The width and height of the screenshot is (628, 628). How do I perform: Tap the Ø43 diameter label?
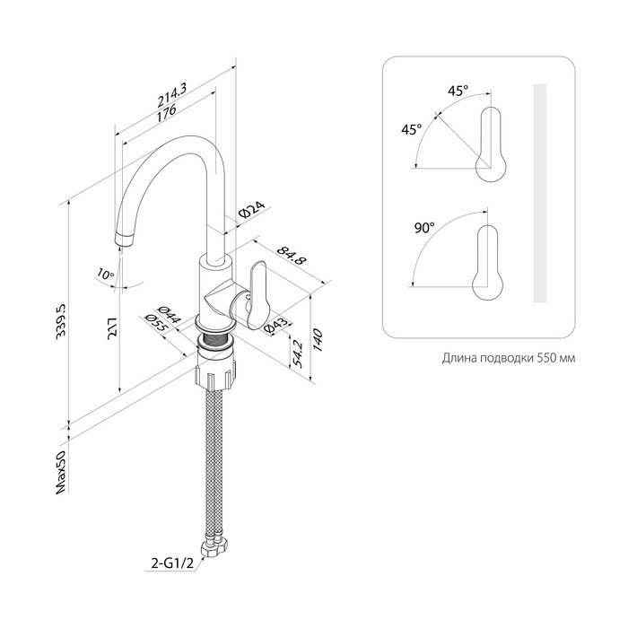tap(278, 327)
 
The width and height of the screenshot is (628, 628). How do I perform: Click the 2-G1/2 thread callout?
tap(170, 564)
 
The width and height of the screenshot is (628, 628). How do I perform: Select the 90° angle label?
tap(423, 228)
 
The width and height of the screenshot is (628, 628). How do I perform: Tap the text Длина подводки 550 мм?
tap(509, 358)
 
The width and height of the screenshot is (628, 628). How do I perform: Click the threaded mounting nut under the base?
tap(215, 371)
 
